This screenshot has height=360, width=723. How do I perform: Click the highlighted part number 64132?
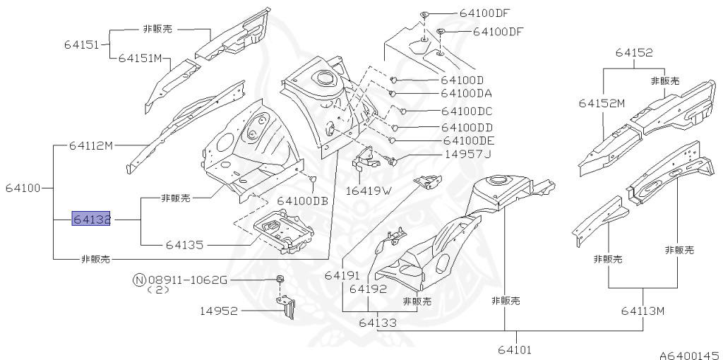point(92,220)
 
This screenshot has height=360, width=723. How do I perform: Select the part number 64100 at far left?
point(23,188)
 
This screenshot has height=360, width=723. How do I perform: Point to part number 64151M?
point(140,58)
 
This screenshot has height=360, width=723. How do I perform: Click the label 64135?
point(184,245)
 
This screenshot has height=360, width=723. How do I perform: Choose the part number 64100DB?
point(302,201)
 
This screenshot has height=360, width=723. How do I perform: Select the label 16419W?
point(368,190)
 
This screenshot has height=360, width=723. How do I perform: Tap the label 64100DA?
point(467,93)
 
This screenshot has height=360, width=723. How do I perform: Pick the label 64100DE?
point(467,141)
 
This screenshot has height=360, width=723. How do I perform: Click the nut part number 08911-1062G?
point(187,280)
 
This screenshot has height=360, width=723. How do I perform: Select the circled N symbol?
point(139,280)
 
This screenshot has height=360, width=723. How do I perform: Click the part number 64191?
point(342,275)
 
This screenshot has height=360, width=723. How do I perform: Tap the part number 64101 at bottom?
point(514,349)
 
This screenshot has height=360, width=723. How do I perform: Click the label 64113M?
point(643,311)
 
